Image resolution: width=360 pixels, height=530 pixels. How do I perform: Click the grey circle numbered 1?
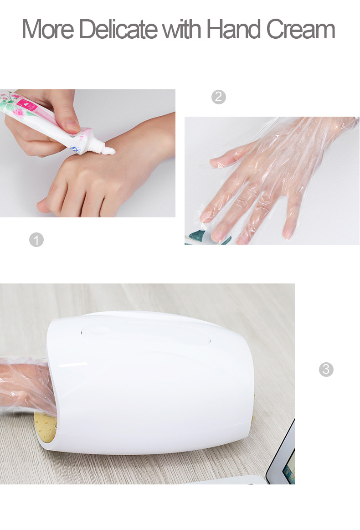[36, 240]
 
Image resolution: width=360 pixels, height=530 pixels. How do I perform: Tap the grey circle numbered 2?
[219, 97]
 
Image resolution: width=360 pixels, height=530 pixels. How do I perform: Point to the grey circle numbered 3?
[326, 369]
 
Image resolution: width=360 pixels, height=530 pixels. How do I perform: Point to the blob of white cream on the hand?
[110, 151]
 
